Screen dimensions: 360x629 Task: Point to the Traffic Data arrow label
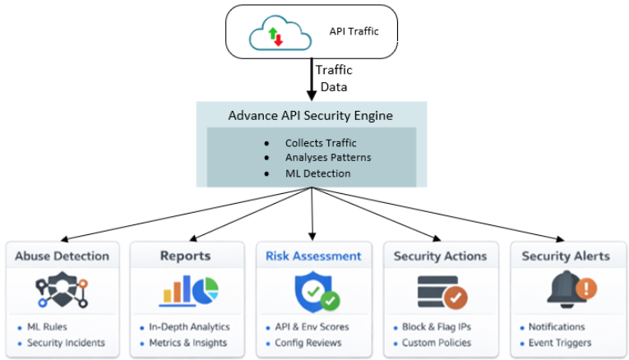pyautogui.click(x=334, y=78)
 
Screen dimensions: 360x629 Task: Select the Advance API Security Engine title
pyautogui.click(x=310, y=116)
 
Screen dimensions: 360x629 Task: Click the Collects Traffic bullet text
pyautogui.click(x=321, y=142)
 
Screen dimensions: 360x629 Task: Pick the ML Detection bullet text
pyautogui.click(x=317, y=173)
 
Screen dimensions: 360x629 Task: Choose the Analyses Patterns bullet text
pyautogui.click(x=328, y=158)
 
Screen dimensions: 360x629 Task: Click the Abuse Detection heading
pyautogui.click(x=62, y=256)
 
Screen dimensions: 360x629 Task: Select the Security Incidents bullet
pyautogui.click(x=66, y=343)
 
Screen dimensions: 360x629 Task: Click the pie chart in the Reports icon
pyautogui.click(x=207, y=289)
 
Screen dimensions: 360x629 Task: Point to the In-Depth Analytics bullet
pyautogui.click(x=189, y=326)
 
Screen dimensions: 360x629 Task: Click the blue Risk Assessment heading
pyautogui.click(x=312, y=256)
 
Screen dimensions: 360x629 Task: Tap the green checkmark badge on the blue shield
pyautogui.click(x=331, y=301)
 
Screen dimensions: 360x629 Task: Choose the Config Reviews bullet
pyautogui.click(x=310, y=343)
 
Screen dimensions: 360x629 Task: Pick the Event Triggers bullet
pyautogui.click(x=562, y=343)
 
